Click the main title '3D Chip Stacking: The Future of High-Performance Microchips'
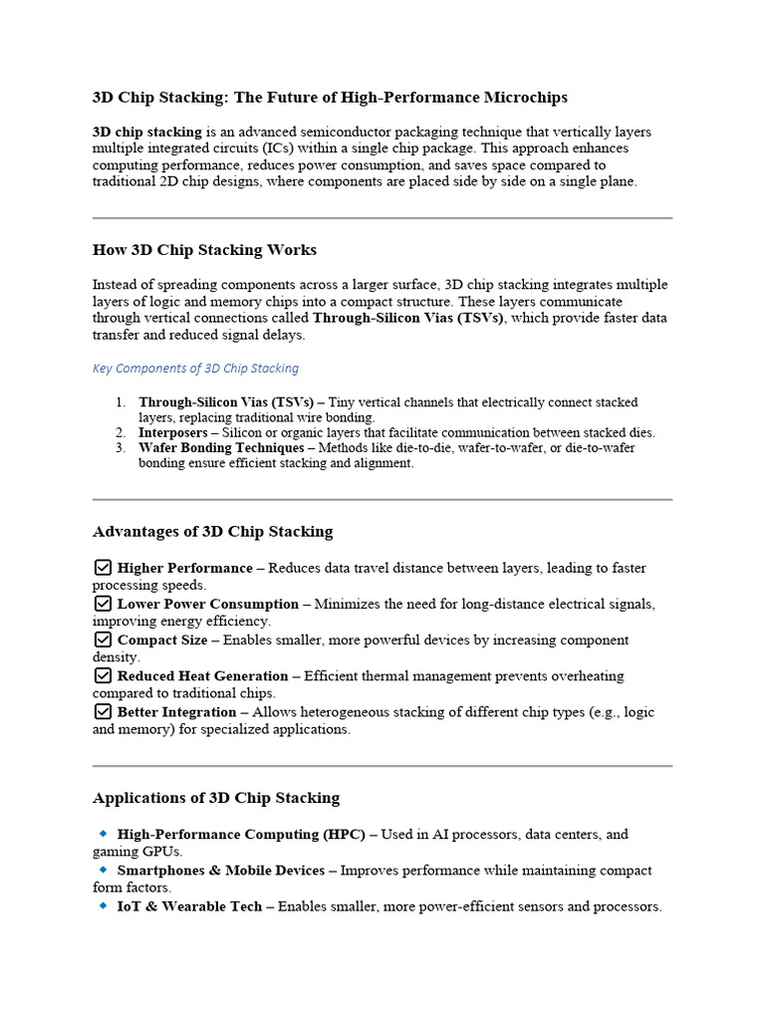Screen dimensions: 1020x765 [x=330, y=97]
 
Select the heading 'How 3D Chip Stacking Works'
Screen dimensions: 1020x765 [x=204, y=249]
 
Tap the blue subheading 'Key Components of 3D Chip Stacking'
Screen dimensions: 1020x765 [x=195, y=368]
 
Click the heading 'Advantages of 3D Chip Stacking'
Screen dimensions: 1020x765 [x=212, y=531]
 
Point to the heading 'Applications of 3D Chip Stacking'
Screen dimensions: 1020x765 [x=216, y=797]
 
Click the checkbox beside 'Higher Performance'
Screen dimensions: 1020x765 [x=103, y=568]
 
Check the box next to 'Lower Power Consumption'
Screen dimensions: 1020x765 [x=103, y=604]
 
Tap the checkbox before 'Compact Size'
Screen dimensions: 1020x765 [x=103, y=639]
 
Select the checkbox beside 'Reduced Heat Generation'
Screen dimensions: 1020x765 [x=103, y=675]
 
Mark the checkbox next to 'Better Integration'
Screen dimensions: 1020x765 [x=103, y=711]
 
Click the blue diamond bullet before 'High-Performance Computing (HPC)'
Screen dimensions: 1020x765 [x=103, y=833]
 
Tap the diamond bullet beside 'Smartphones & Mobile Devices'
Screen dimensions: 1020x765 [x=103, y=870]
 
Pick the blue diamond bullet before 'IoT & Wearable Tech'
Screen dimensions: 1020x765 [x=103, y=905]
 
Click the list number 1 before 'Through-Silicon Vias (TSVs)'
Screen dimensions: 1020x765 [x=120, y=402]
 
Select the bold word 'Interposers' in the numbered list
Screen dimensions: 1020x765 [x=172, y=433]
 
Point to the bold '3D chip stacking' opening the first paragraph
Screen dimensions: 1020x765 [x=146, y=131]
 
